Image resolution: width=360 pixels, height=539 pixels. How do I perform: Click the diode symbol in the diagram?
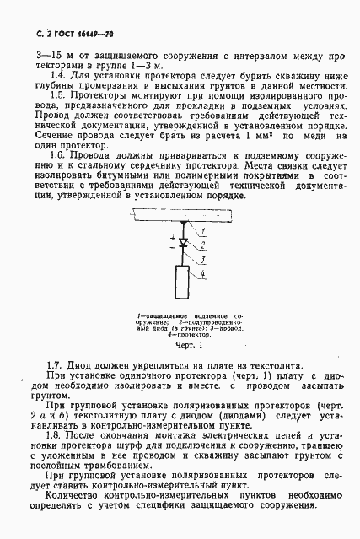point(183,240)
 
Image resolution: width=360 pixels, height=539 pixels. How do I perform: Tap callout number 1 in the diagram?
point(204,229)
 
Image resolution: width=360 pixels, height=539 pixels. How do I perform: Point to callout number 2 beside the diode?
point(204,244)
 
